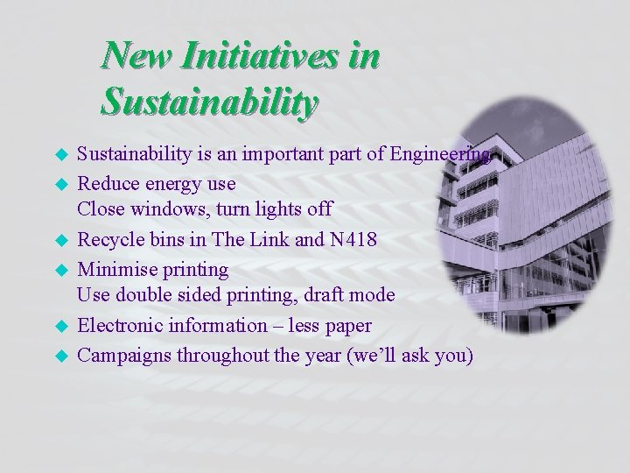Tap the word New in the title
(x=135, y=56)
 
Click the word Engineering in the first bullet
(x=440, y=155)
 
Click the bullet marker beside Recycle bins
(x=62, y=239)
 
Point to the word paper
(x=348, y=327)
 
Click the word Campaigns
(x=123, y=355)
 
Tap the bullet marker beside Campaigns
(x=62, y=356)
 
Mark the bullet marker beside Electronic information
(x=62, y=327)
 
